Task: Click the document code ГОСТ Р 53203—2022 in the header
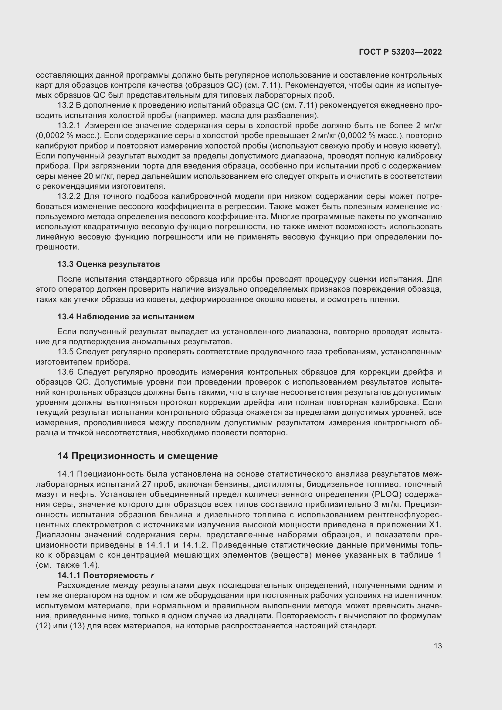(x=400, y=52)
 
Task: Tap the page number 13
(x=437, y=646)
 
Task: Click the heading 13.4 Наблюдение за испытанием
(x=126, y=317)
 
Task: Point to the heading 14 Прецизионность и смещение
(x=137, y=456)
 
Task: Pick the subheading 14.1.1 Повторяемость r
(x=106, y=575)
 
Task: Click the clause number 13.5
(x=65, y=352)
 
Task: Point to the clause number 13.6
(x=65, y=372)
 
